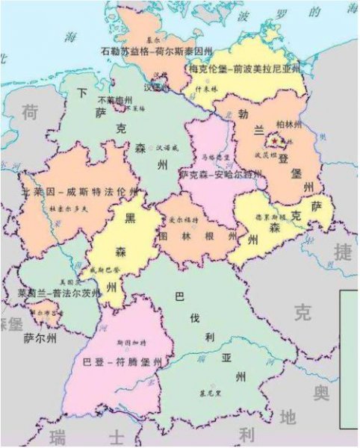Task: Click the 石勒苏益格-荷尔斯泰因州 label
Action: pos(156,52)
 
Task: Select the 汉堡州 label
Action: pos(156,87)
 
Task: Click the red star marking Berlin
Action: pos(276,140)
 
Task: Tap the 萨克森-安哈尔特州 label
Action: pos(220,174)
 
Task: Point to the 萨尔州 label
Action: pos(40,337)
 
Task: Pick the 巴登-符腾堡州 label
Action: pos(123,361)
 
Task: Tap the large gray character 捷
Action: pos(342,253)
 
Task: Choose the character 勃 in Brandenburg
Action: pos(243,114)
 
